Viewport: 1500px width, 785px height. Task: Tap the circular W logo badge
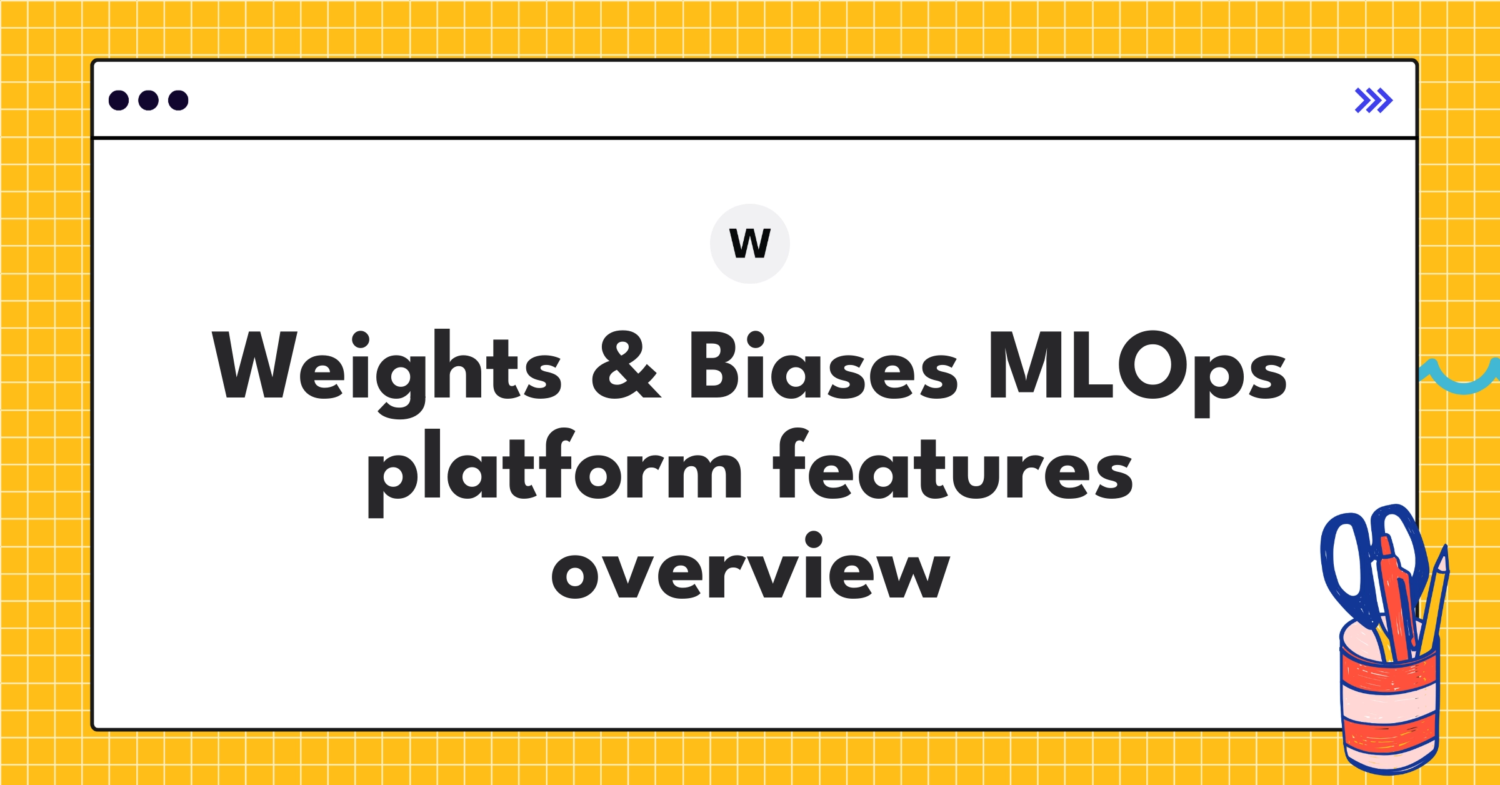point(750,244)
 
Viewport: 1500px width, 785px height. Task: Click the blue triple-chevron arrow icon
point(1374,101)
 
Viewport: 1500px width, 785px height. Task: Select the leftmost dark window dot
point(119,101)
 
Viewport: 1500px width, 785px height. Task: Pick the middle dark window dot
point(148,101)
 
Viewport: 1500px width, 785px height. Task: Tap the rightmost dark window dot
point(178,101)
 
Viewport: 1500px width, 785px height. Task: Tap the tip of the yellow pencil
point(1443,553)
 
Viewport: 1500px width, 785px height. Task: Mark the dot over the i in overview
point(813,539)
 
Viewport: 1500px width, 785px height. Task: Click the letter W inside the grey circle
point(750,244)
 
